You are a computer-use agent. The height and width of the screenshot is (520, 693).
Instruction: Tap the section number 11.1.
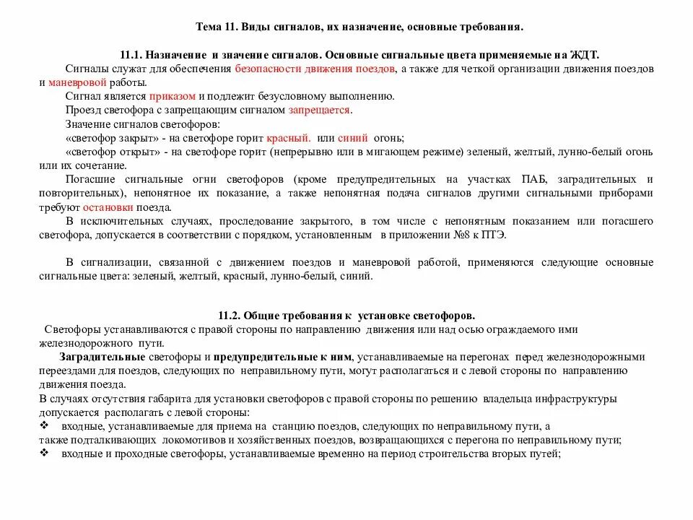click(132, 56)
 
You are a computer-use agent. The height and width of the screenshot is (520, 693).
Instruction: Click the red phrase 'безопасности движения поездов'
click(315, 69)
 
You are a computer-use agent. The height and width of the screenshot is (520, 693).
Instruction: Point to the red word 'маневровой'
click(76, 82)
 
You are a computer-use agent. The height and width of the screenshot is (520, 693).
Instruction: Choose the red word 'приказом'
click(172, 96)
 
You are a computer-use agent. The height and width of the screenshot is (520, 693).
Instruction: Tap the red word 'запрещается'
click(320, 110)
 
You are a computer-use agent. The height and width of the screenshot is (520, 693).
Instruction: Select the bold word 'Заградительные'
click(102, 357)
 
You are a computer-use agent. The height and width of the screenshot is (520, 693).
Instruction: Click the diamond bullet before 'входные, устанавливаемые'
click(44, 426)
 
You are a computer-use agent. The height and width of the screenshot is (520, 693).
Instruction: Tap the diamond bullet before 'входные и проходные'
click(44, 454)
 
